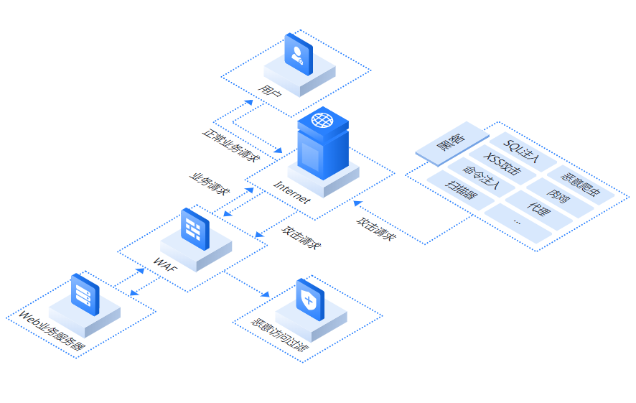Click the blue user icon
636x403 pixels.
point(299,52)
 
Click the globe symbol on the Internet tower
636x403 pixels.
point(322,120)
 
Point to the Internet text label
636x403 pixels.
point(292,191)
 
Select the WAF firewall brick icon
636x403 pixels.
point(193,228)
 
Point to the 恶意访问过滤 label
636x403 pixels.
point(280,336)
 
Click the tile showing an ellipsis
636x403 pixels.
point(518,225)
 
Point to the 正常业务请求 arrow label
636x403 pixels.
point(230,144)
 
